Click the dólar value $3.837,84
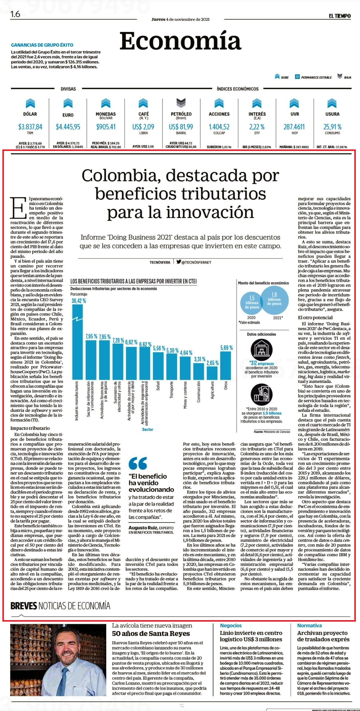click(x=30, y=127)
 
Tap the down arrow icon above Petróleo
click(x=181, y=103)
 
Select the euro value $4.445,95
click(x=68, y=127)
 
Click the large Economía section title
click(x=180, y=41)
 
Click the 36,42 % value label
click(x=79, y=301)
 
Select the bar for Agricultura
click(x=212, y=373)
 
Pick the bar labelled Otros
click(x=226, y=365)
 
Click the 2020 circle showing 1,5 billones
click(x=252, y=302)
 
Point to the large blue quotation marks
click(x=138, y=463)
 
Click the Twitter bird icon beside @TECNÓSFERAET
click(x=179, y=262)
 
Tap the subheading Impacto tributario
click(x=30, y=428)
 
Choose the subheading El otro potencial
click(x=315, y=317)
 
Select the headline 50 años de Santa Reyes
click(x=151, y=633)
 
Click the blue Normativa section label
click(x=309, y=625)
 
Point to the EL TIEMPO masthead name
click(x=340, y=16)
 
